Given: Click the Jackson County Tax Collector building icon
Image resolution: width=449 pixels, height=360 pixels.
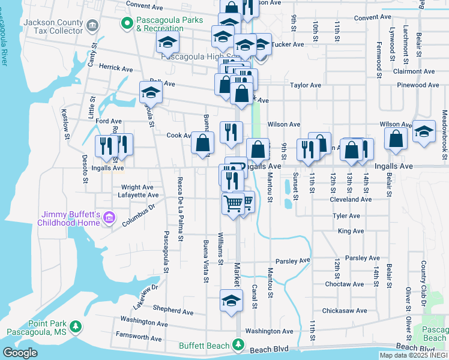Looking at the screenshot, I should [x=92, y=25].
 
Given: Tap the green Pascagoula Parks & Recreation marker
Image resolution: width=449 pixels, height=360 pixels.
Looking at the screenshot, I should [x=127, y=23].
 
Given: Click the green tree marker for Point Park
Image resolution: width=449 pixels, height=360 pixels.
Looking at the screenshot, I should [x=76, y=326].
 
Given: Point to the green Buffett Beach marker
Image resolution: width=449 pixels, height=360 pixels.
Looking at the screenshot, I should [x=238, y=345].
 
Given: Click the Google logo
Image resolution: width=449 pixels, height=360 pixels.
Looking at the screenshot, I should [x=20, y=353].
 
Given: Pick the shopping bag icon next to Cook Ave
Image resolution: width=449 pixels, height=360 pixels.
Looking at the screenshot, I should [x=203, y=143].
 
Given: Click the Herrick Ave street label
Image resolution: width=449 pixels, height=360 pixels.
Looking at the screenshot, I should [x=116, y=69].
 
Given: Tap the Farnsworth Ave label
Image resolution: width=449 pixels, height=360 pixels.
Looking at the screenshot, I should [x=139, y=338].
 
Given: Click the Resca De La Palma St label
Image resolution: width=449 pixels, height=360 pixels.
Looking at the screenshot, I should [x=179, y=208].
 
